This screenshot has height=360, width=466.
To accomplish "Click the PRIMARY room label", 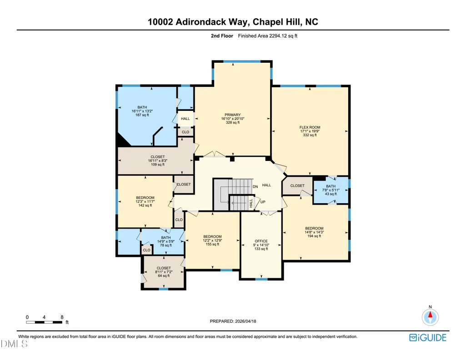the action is click(x=233, y=115).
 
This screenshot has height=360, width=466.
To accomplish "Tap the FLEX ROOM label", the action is click(x=310, y=127).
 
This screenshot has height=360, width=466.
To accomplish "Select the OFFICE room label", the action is click(x=261, y=241).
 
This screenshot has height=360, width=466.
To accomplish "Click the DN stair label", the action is click(x=256, y=186).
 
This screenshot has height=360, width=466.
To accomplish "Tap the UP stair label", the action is click(x=263, y=202).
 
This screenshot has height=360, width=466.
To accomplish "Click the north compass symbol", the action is click(x=430, y=317).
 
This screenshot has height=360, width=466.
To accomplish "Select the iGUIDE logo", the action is click(x=428, y=338).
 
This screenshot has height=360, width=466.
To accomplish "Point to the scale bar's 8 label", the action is click(x=62, y=317).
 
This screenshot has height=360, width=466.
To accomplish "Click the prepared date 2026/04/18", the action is click(x=246, y=321).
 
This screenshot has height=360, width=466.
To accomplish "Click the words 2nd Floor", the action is click(x=222, y=36).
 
